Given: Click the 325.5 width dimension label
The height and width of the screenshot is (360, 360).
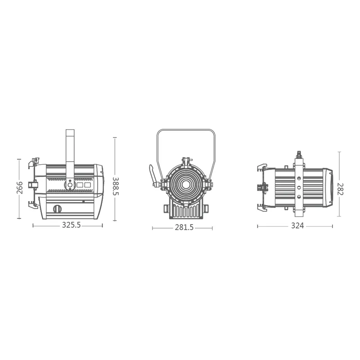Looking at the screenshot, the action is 71,225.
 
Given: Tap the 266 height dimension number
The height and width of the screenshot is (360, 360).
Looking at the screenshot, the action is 20,188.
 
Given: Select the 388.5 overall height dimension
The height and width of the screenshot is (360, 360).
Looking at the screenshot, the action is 116,186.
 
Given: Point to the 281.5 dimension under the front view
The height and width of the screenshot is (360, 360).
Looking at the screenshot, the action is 184,227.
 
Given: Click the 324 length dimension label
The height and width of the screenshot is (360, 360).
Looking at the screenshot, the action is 297,226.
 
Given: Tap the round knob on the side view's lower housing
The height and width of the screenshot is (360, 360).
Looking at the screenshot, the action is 58,208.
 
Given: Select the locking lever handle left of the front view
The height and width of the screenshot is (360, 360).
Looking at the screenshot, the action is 152,175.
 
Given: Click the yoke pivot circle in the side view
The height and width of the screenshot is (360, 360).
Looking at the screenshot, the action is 70,184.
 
